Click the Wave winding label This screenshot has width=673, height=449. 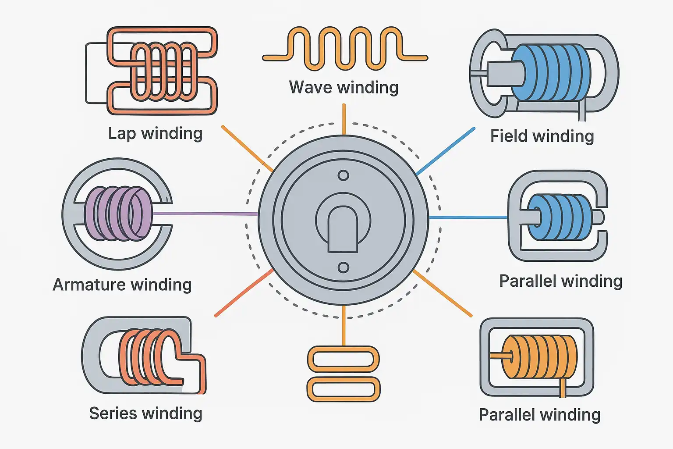[344, 87]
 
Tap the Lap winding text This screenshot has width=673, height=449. [155, 133]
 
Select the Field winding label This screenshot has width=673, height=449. [542, 136]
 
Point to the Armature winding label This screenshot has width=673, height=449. [122, 285]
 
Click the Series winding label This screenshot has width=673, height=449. [145, 413]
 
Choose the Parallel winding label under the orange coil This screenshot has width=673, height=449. [539, 414]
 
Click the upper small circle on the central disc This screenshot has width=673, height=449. [344, 176]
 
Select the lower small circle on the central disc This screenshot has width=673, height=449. [344, 267]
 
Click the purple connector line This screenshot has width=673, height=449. [206, 214]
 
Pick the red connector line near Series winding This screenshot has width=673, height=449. [244, 292]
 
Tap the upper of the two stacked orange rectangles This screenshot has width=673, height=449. [344, 360]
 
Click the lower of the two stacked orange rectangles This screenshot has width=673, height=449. [344, 389]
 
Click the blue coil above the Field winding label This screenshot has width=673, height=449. [552, 72]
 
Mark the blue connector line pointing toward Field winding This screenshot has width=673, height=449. [445, 151]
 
